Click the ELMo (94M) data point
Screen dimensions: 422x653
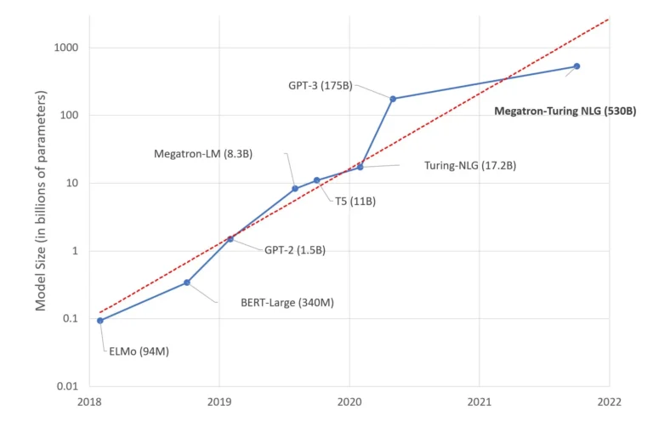[x=100, y=321]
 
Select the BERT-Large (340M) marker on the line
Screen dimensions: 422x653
[x=187, y=282]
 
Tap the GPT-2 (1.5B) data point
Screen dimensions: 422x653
[x=230, y=239]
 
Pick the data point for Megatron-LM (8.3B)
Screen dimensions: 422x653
[x=295, y=189]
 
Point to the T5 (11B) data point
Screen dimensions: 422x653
[x=316, y=180]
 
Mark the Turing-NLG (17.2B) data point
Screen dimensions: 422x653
[x=360, y=167]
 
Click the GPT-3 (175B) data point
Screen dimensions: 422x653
[x=393, y=99]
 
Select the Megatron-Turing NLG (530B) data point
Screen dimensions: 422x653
[x=576, y=66]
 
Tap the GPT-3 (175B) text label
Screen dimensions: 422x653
[x=321, y=85]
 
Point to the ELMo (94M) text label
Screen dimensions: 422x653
[x=139, y=351]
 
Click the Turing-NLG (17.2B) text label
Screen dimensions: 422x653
[x=469, y=165]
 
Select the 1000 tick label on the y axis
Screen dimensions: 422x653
[x=65, y=48]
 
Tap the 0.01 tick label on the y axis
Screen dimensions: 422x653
[x=66, y=386]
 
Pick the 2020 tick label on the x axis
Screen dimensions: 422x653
[x=349, y=402]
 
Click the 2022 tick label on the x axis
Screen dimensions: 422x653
[x=609, y=402]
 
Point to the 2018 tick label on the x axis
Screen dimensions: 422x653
[x=89, y=402]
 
